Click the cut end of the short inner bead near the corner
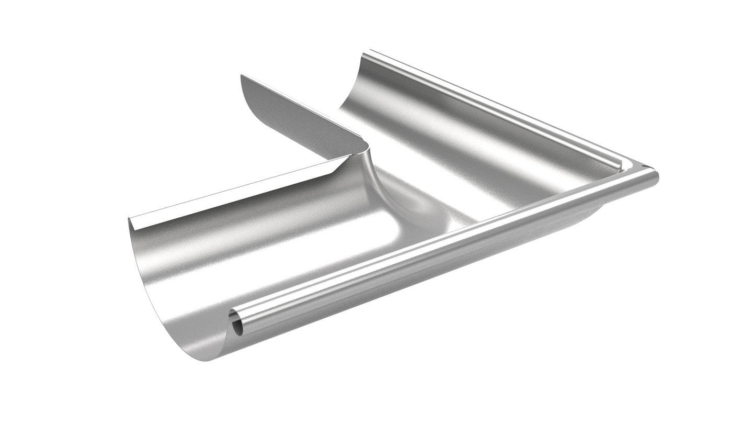pos(620,166)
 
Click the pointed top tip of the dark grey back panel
pos(242,76)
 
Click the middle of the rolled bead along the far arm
pos(497,107)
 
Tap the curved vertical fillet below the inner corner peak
pos(374,178)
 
